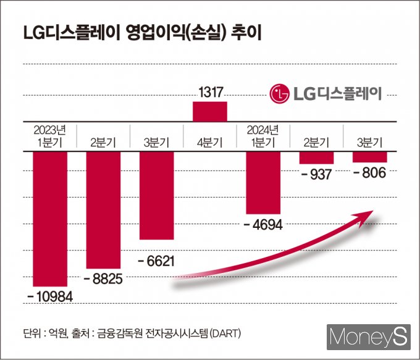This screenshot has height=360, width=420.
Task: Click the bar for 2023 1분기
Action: click(x=50, y=219)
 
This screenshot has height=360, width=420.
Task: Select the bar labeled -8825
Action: click(x=103, y=210)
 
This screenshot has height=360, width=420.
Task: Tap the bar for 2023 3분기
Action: click(x=157, y=195)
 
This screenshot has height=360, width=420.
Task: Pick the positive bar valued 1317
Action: click(x=210, y=111)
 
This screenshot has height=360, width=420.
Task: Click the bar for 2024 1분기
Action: click(x=263, y=182)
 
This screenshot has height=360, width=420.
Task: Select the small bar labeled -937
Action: click(x=316, y=157)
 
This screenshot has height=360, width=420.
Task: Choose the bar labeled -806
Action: click(x=369, y=157)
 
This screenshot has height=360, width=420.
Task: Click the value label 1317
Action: click(x=210, y=93)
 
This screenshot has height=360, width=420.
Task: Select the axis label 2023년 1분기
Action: click(x=50, y=136)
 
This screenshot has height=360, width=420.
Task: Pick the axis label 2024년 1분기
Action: click(x=263, y=136)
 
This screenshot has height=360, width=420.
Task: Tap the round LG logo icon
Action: click(x=280, y=94)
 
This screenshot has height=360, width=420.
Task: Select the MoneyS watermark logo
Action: click(x=369, y=337)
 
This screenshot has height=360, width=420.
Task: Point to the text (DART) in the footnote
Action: click(x=225, y=334)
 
